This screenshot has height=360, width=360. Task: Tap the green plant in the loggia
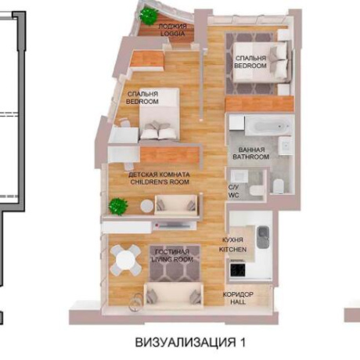146,15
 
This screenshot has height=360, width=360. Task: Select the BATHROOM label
250,157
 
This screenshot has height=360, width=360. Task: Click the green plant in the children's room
117,207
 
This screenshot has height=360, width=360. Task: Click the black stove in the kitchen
238,271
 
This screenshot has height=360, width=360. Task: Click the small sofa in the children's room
175,205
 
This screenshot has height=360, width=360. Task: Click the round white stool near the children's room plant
146,207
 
